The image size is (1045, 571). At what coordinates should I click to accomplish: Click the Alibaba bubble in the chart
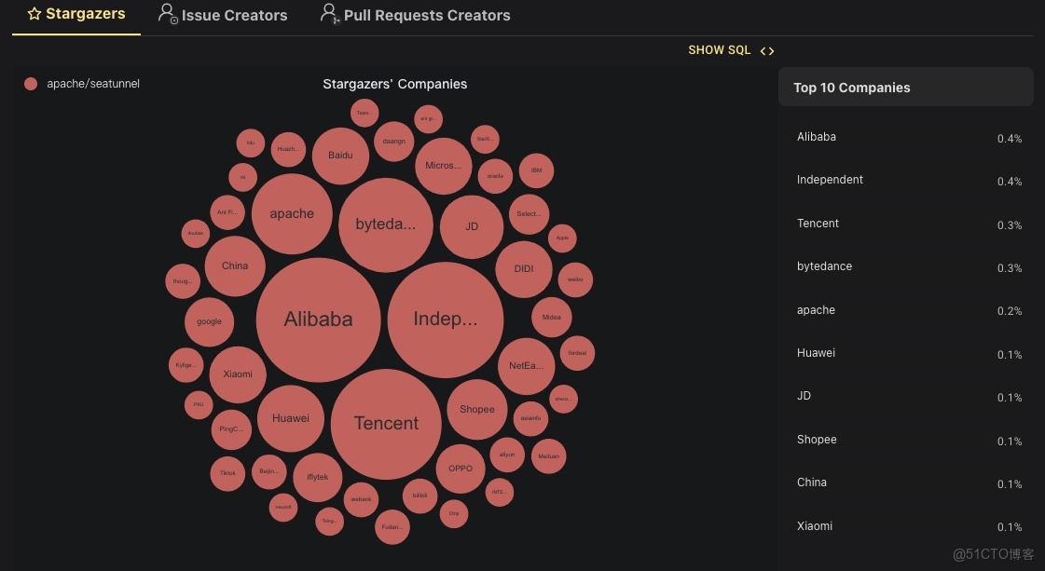[318, 319]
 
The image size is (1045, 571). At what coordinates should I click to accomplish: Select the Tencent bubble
[386, 424]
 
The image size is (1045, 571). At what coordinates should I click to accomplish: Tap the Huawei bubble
[290, 418]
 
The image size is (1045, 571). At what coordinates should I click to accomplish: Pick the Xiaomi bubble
[237, 374]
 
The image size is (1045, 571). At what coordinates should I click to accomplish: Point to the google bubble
[209, 321]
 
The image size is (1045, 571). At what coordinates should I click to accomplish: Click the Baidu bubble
[340, 155]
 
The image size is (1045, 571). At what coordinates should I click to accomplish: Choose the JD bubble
[472, 226]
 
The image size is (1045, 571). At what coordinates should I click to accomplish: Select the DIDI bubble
[524, 269]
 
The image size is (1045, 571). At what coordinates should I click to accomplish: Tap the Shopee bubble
[477, 409]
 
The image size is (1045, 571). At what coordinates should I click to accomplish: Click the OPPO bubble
[461, 469]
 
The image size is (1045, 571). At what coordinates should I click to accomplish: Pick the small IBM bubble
[536, 170]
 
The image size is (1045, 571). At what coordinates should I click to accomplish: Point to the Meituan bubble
[548, 456]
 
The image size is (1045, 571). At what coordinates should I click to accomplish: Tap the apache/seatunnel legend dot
[31, 84]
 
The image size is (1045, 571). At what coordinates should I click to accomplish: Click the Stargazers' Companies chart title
[394, 84]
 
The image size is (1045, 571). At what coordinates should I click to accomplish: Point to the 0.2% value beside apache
[1009, 311]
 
